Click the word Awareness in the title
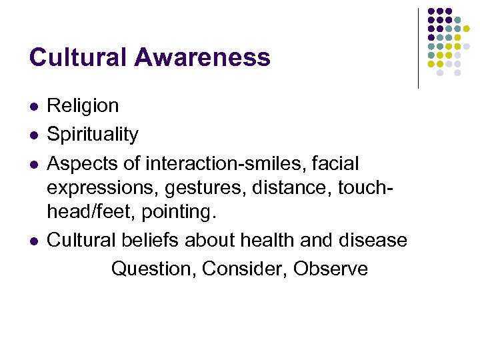[202, 57]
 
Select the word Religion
[83, 106]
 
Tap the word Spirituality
[93, 135]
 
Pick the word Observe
[331, 269]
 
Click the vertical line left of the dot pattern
[419, 48]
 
